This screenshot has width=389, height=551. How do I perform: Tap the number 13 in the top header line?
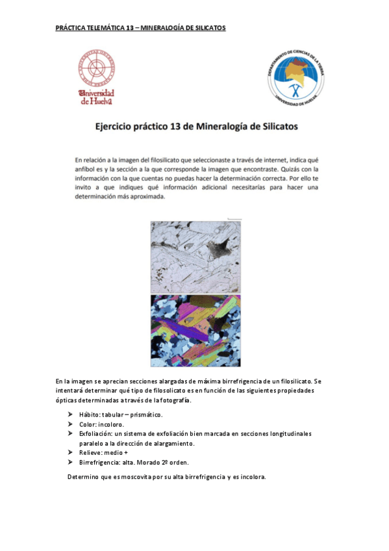point(130,28)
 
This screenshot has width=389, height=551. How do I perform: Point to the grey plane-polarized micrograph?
point(195,257)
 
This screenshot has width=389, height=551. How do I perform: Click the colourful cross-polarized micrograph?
point(195,331)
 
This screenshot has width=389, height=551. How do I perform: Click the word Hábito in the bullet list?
point(90,415)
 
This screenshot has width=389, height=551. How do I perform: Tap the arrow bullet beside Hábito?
point(70,415)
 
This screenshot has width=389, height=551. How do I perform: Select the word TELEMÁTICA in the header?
point(103,28)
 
